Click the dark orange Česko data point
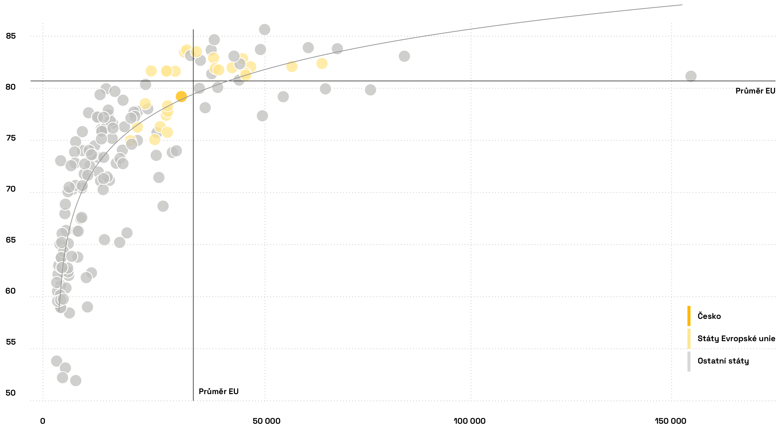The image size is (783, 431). click(x=181, y=97)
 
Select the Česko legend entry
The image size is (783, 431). click(x=709, y=316)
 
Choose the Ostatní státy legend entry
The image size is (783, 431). click(x=723, y=361)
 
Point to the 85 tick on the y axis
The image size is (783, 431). click(x=11, y=36)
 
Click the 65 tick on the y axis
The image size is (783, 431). click(x=11, y=240)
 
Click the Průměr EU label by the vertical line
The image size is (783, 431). click(x=218, y=391)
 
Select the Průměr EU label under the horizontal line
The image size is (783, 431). click(x=755, y=91)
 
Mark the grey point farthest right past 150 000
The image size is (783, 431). click(x=691, y=76)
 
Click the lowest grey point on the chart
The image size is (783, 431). click(x=76, y=380)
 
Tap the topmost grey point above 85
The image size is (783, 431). click(x=264, y=29)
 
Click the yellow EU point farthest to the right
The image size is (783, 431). click(x=322, y=63)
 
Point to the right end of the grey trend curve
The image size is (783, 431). click(x=682, y=5)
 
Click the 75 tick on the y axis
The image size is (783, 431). click(x=11, y=138)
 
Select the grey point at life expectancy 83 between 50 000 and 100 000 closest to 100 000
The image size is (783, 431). click(x=404, y=56)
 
